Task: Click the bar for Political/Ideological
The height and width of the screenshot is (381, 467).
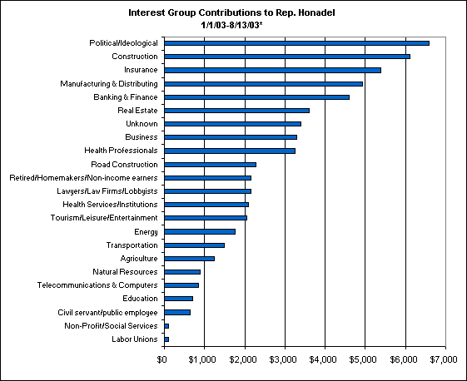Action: click(296, 43)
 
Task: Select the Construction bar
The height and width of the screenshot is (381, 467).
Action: click(287, 57)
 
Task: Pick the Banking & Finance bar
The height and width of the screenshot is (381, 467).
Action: click(256, 97)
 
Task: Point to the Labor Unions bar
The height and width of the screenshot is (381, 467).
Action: click(166, 339)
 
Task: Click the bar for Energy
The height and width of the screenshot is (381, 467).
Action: click(200, 231)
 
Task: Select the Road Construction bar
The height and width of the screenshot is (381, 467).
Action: click(211, 165)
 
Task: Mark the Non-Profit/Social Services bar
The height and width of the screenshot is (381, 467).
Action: click(166, 326)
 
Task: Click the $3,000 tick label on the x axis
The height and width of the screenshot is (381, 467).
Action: click(283, 359)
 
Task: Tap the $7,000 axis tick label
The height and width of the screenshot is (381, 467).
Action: click(444, 359)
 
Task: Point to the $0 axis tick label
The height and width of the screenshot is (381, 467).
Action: click(161, 359)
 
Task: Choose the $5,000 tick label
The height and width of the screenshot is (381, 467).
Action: click(363, 359)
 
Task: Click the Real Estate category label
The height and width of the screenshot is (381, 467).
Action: click(137, 111)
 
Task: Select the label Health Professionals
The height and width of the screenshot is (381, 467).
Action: click(121, 151)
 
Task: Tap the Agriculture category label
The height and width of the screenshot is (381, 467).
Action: click(139, 259)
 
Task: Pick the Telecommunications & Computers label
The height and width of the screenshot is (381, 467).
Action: click(97, 285)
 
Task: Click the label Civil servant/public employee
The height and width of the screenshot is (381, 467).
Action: click(107, 313)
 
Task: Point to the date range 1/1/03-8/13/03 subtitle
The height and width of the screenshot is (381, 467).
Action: click(230, 25)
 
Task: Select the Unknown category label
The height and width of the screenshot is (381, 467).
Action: click(142, 124)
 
